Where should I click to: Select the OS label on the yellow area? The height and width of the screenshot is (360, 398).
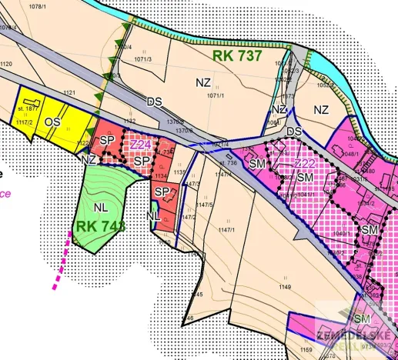point(52,122)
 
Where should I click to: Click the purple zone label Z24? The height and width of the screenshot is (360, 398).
point(139,144)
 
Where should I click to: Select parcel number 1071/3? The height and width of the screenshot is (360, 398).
point(143,58)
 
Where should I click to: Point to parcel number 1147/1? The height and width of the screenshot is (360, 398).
point(225,230)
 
